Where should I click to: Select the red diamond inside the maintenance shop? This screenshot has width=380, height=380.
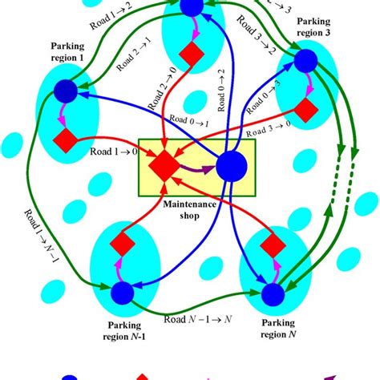tap(165, 164)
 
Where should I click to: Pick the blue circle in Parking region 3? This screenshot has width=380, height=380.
tap(304, 62)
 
